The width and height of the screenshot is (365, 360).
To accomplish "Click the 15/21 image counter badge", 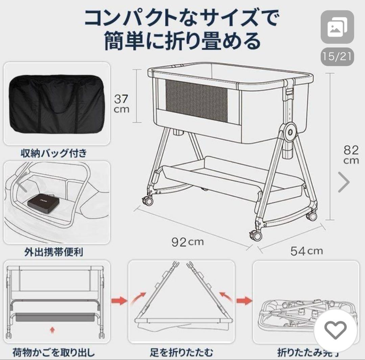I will coord(337,56).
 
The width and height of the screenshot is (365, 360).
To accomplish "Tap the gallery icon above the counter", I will coord(337,27).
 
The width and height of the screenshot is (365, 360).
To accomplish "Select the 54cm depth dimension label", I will coord(306,251).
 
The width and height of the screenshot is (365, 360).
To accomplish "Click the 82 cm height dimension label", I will coord(351,154).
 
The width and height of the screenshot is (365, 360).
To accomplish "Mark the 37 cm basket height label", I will coord(121,104).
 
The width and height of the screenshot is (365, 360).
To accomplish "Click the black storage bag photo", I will coord(56,104).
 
